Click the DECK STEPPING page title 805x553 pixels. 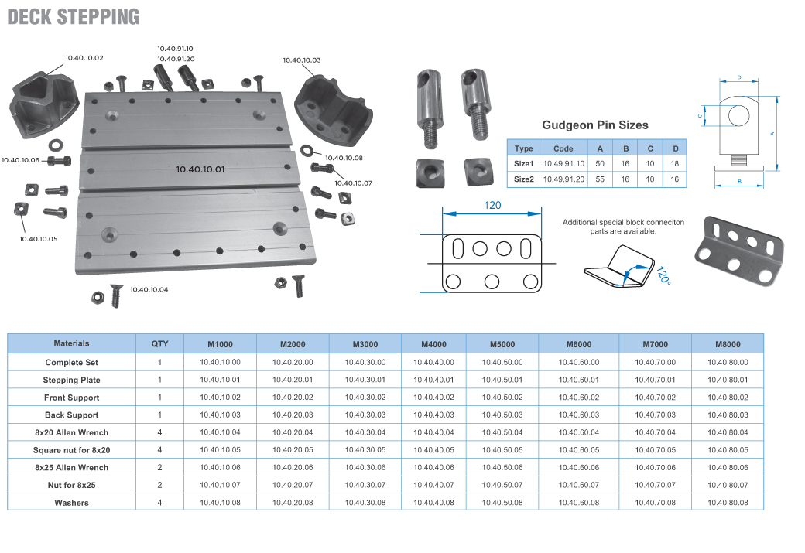click(74, 16)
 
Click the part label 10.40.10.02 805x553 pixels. click(84, 58)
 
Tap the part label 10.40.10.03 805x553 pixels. click(302, 60)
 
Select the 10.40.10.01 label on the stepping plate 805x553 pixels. click(200, 168)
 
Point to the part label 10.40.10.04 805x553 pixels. click(149, 289)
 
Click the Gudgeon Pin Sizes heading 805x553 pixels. click(595, 125)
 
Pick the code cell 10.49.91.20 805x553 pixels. click(563, 179)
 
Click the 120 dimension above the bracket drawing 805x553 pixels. click(493, 205)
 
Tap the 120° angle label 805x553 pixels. click(660, 276)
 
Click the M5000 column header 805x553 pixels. click(502, 344)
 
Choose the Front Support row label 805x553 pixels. click(72, 398)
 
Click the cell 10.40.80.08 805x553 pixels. click(728, 503)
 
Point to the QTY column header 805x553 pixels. click(159, 344)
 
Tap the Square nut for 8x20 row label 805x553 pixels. click(72, 450)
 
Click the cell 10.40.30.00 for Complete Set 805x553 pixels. click(365, 362)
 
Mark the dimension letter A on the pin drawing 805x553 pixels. click(772, 133)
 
